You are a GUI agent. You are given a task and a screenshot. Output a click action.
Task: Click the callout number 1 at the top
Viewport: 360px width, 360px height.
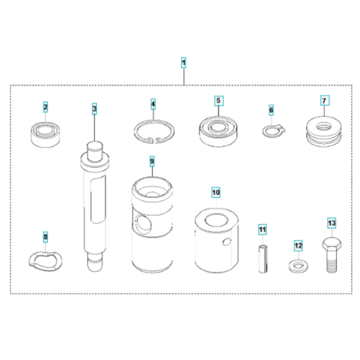(184, 62)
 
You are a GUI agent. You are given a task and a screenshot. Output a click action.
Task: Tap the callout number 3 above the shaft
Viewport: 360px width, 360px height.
(94, 110)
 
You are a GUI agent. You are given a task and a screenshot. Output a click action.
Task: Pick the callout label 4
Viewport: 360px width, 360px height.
(153, 104)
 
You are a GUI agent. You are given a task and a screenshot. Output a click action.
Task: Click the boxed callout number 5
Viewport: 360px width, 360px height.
(218, 100)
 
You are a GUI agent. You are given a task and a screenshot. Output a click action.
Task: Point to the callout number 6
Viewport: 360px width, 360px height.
(271, 111)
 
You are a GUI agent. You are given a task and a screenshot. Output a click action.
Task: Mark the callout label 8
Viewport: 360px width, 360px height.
(45, 237)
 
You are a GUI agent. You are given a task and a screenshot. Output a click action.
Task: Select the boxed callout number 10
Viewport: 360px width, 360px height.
(216, 192)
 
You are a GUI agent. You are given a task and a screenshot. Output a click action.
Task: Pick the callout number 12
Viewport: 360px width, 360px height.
(298, 246)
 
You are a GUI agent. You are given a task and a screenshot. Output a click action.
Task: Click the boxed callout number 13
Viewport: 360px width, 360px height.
(332, 223)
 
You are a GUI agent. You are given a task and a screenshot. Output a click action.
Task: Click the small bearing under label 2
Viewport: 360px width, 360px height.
(46, 133)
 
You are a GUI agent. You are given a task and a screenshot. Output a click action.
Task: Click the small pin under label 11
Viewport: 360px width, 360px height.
(262, 260)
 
